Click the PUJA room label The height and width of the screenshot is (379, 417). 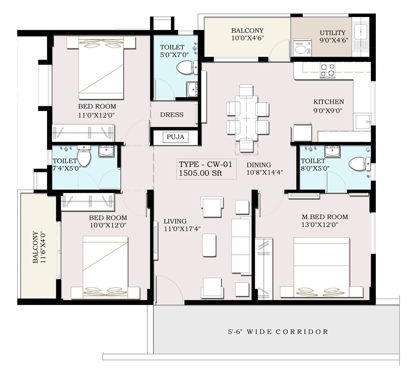click(x=175, y=136)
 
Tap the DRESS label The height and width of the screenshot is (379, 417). click(x=172, y=115)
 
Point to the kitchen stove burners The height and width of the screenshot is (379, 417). click(x=327, y=70)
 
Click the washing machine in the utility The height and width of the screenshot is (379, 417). click(x=300, y=49)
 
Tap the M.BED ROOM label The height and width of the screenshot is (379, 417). click(x=325, y=217)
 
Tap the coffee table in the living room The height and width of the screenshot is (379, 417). click(x=209, y=245)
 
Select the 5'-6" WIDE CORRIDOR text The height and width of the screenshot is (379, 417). click(x=278, y=332)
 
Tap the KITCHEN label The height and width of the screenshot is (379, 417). click(x=329, y=102)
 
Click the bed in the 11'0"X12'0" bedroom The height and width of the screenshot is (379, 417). click(x=101, y=67)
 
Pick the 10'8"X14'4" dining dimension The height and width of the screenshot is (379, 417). click(x=265, y=172)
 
